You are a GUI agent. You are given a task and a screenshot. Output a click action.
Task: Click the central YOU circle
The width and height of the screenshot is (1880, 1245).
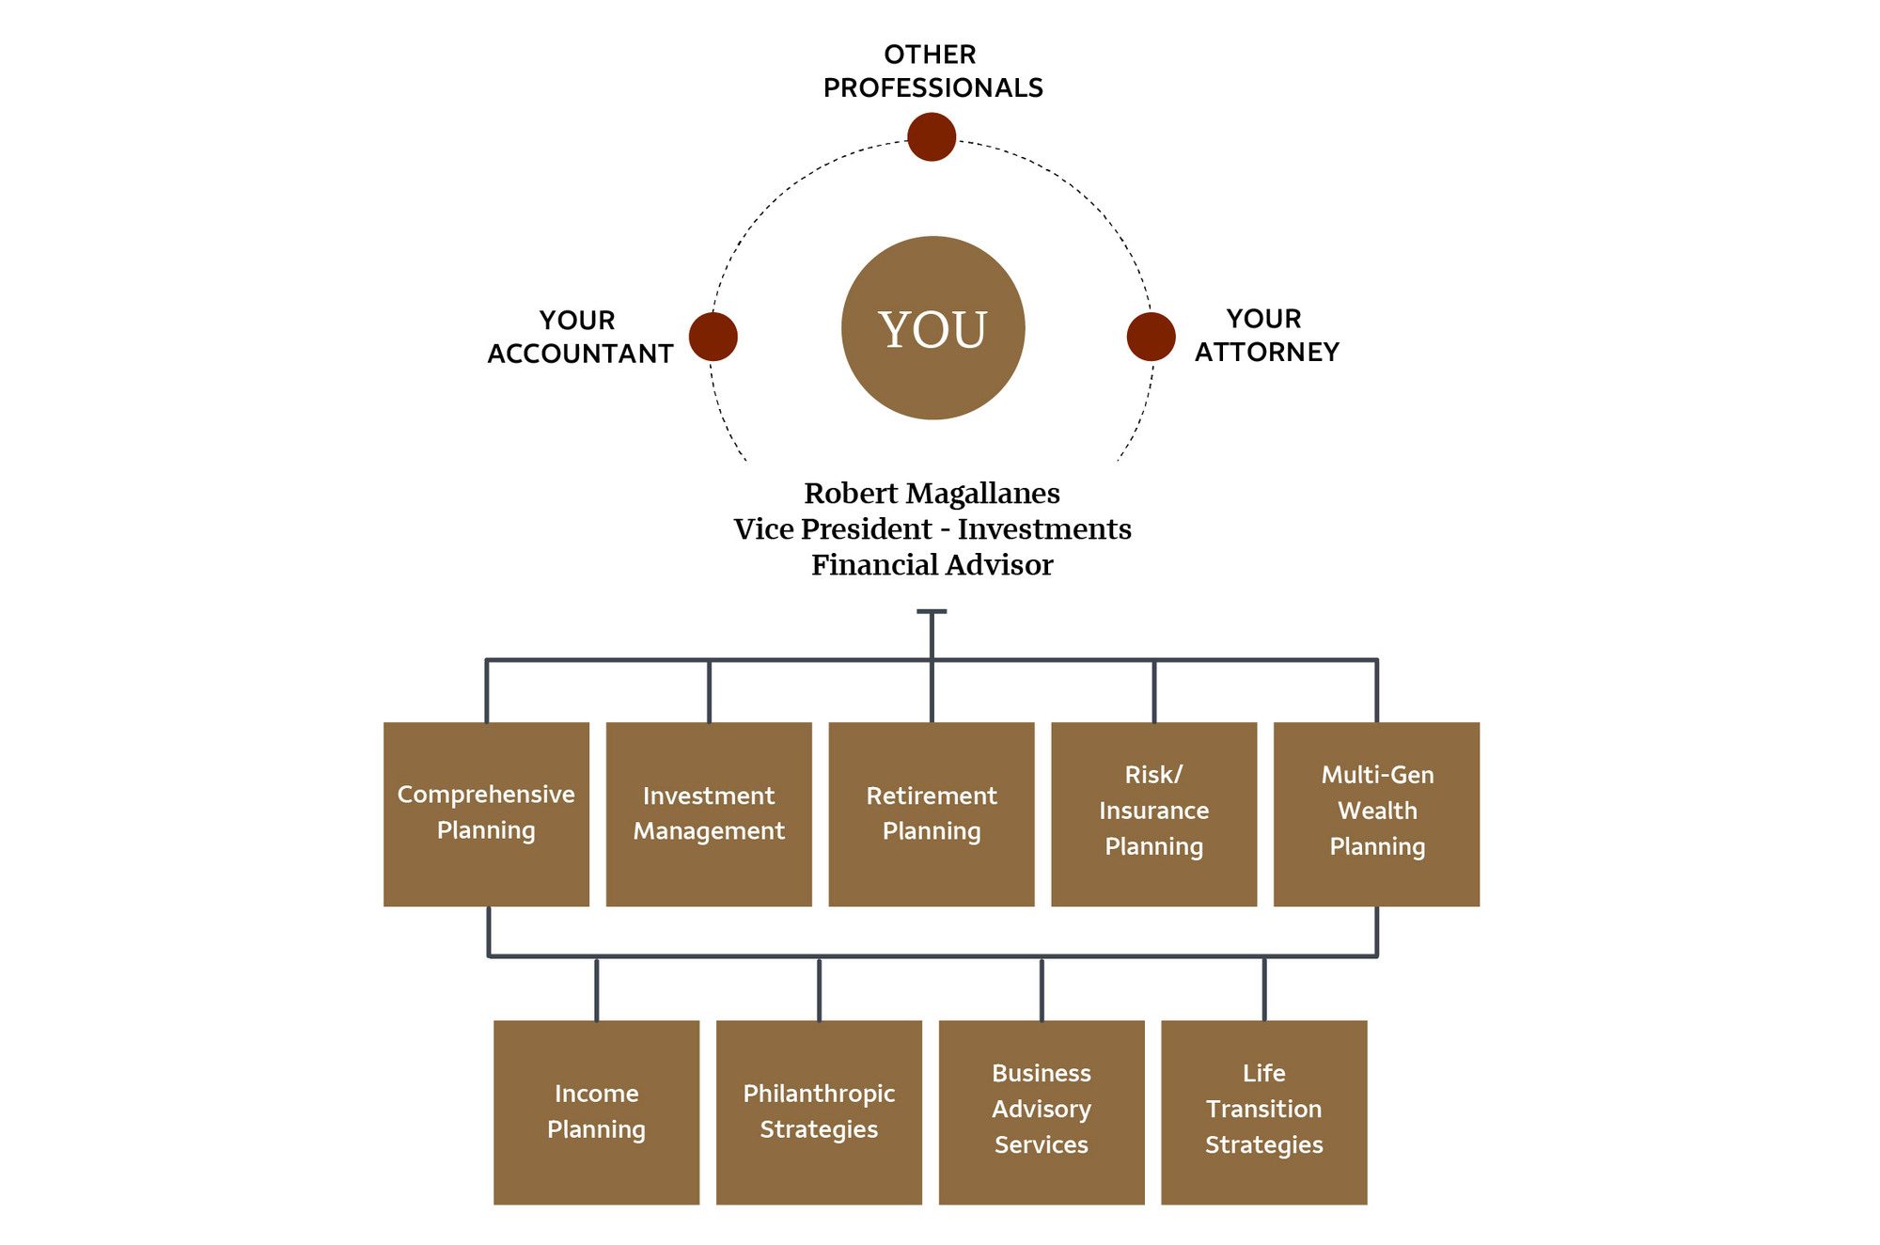tap(932, 328)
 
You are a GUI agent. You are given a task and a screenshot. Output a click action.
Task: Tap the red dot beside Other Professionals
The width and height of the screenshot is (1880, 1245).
tap(932, 137)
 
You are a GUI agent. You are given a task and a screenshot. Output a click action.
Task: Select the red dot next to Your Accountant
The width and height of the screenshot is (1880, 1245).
tap(713, 337)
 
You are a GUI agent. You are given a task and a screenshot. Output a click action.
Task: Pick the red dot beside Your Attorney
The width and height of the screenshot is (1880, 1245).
tap(1151, 337)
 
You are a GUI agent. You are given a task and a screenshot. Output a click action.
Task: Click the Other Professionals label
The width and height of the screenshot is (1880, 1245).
tap(932, 71)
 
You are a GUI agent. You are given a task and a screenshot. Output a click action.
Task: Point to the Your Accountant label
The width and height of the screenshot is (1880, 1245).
tap(580, 337)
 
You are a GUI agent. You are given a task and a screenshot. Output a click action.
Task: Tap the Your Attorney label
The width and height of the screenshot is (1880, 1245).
tap(1266, 335)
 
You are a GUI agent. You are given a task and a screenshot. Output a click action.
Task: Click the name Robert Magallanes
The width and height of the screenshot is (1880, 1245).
tap(932, 494)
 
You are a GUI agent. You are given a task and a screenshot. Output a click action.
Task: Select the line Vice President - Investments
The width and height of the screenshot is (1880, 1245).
tap(932, 529)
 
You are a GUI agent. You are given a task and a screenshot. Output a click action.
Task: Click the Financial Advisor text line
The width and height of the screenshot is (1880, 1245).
tap(932, 565)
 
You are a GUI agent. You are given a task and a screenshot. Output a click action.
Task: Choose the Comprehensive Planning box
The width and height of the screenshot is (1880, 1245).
tap(486, 813)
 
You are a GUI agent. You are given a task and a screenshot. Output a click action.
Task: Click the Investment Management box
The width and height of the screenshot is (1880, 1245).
tap(709, 813)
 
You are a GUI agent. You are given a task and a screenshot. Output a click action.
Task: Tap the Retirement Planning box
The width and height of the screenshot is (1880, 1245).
tap(932, 813)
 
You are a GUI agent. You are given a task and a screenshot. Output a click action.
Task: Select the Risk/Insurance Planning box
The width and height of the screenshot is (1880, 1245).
tap(1153, 813)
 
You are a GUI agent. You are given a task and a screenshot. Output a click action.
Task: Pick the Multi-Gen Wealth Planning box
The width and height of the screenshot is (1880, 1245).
tap(1376, 813)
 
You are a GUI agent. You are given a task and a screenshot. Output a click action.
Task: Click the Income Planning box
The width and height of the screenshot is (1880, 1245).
tap(596, 1111)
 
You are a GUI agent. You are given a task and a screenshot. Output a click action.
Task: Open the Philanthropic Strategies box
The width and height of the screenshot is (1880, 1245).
tap(819, 1111)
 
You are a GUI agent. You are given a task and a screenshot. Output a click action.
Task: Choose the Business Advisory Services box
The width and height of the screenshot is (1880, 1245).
tap(1042, 1111)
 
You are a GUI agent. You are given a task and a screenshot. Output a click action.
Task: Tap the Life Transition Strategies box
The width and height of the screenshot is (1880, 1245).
tap(1263, 1111)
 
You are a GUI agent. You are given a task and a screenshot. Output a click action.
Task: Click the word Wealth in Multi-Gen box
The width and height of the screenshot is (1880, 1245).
tap(1377, 811)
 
